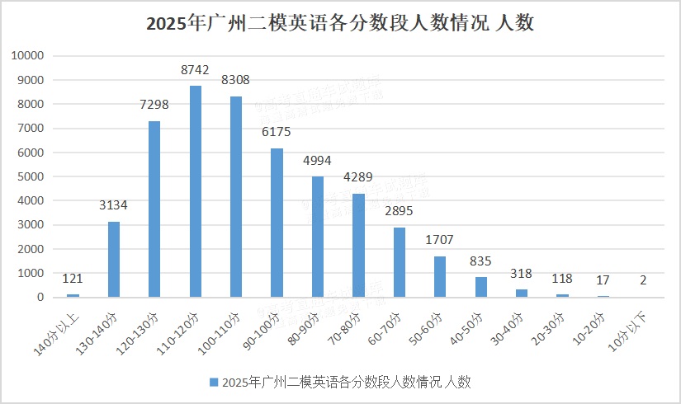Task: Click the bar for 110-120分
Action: point(196,191)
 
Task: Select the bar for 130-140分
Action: point(114,259)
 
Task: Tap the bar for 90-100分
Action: point(277,223)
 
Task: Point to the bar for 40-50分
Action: point(481,287)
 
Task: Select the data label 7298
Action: point(154,107)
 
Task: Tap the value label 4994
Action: point(318,162)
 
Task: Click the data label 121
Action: point(73,280)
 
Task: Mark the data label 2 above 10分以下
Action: point(642,281)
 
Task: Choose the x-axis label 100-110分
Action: point(223,330)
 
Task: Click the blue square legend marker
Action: point(215,382)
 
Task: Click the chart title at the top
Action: point(340,24)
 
